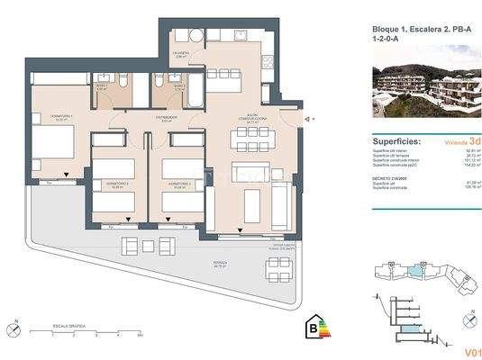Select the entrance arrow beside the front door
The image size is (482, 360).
pyautogui.click(x=307, y=119)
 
